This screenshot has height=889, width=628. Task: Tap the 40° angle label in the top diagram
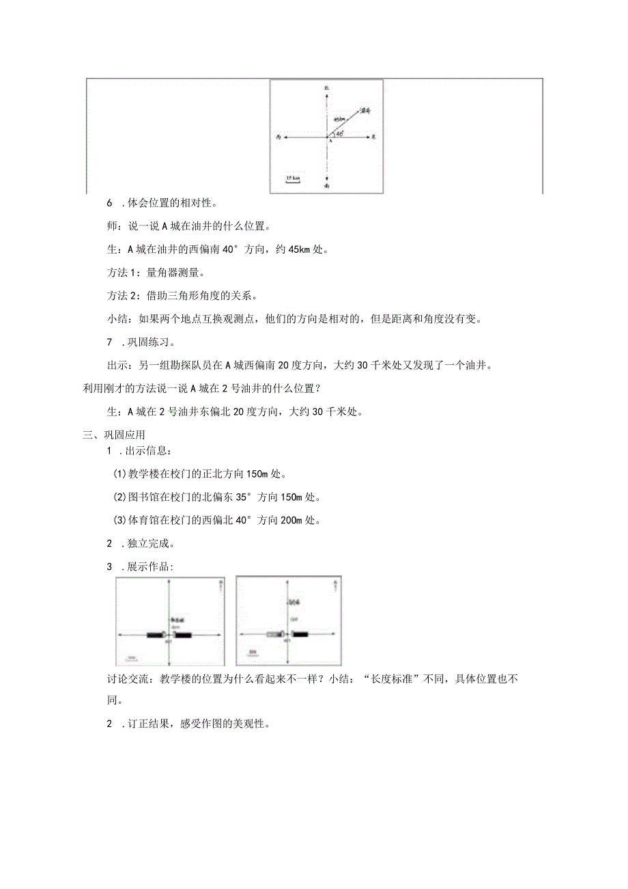pos(340,133)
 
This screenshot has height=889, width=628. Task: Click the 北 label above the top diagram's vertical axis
pos(328,89)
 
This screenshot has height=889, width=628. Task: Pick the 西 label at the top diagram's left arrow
pos(279,137)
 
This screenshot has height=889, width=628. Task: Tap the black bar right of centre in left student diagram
pos(183,635)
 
